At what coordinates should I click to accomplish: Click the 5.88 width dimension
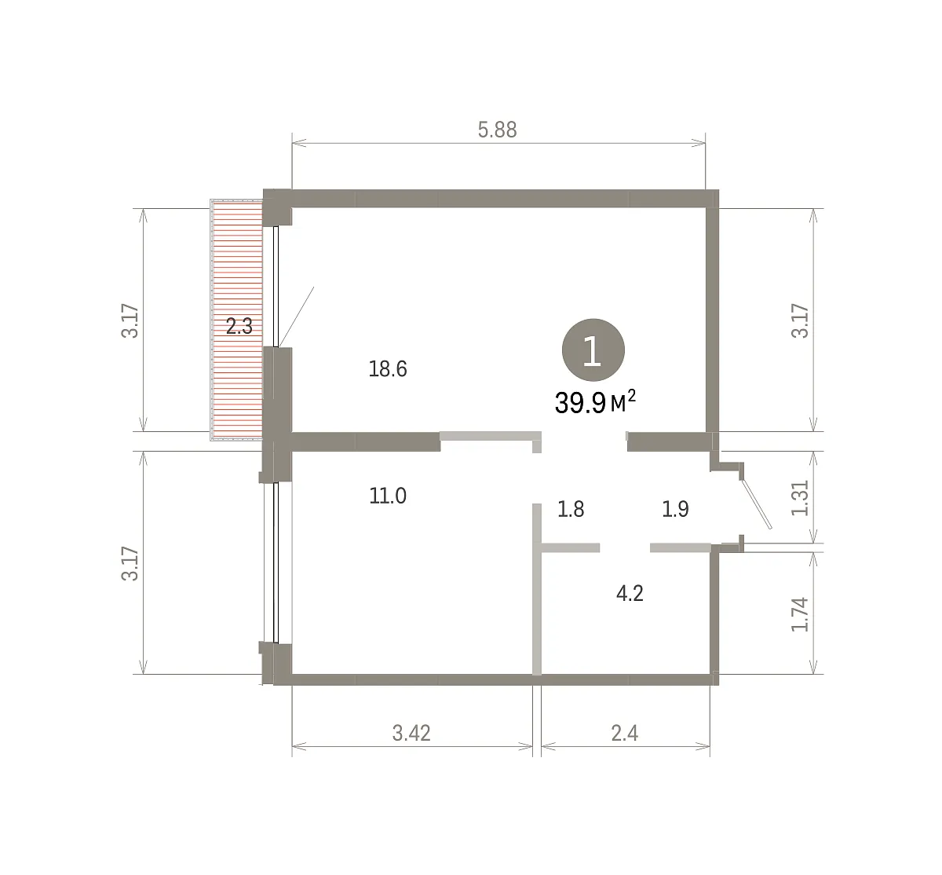pyautogui.click(x=497, y=130)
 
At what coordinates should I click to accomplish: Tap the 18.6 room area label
pyautogui.click(x=388, y=369)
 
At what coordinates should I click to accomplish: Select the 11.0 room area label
pyautogui.click(x=388, y=496)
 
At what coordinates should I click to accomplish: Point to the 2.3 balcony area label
pyautogui.click(x=239, y=327)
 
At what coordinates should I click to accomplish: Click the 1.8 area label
pyautogui.click(x=571, y=510)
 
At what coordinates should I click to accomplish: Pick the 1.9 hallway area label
pyautogui.click(x=675, y=510)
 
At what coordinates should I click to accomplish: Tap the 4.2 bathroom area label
pyautogui.click(x=630, y=594)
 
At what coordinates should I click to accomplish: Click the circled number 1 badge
pyautogui.click(x=593, y=350)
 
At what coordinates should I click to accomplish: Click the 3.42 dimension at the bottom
pyautogui.click(x=411, y=734)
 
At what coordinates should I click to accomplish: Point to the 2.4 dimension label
pyautogui.click(x=625, y=734)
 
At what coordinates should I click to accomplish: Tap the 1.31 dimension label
pyautogui.click(x=800, y=497)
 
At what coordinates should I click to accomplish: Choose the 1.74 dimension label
pyautogui.click(x=800, y=614)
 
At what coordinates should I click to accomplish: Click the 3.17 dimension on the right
pyautogui.click(x=800, y=321)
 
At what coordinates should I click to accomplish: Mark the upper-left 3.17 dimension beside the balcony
pyautogui.click(x=130, y=321)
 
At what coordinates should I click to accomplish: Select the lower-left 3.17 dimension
pyautogui.click(x=130, y=563)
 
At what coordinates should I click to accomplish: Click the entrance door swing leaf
pyautogui.click(x=756, y=503)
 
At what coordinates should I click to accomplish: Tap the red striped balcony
pyautogui.click(x=236, y=320)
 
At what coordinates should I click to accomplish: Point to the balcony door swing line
pyautogui.click(x=297, y=317)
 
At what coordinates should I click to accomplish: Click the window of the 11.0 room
pyautogui.click(x=275, y=563)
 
